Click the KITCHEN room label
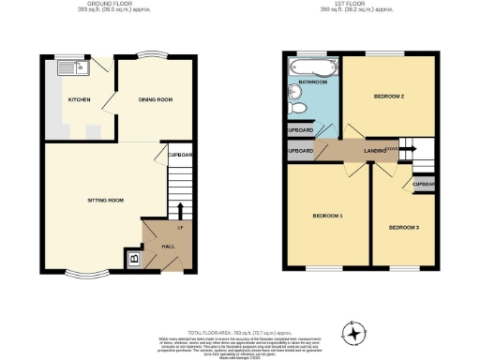point(78,98)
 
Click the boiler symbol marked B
point(133,258)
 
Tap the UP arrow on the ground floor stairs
point(178,207)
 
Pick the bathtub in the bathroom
point(310,67)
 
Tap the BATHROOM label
point(313,82)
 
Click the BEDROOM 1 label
point(327,217)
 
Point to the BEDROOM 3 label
point(404,227)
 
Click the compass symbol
point(353,331)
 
